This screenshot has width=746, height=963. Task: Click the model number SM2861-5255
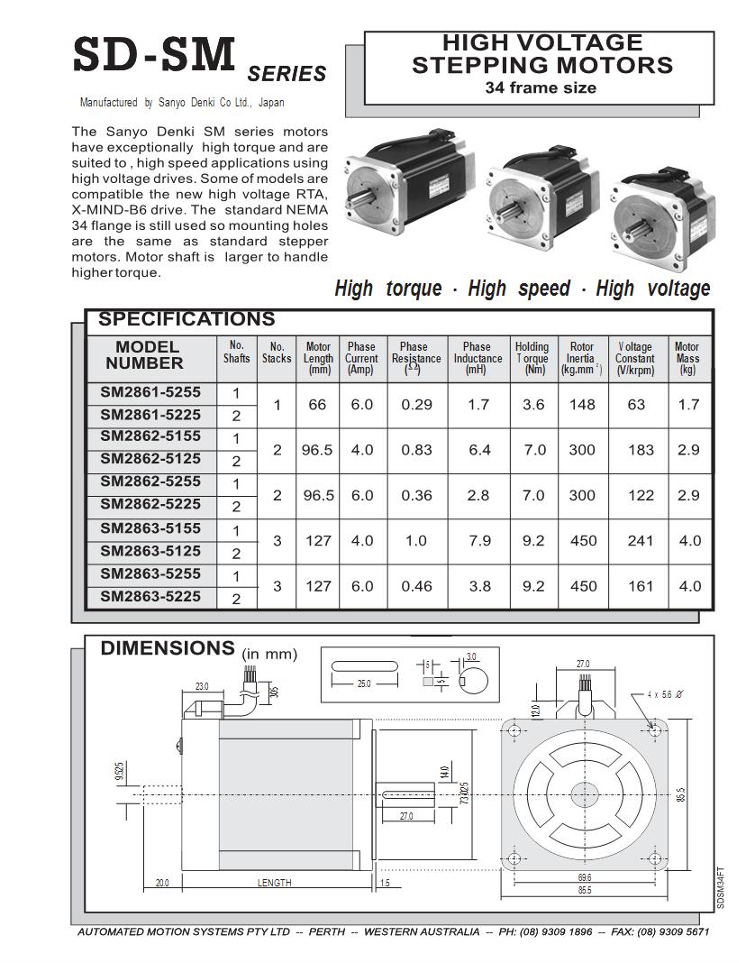coord(150,392)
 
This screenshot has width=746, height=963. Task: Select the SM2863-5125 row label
coord(150,551)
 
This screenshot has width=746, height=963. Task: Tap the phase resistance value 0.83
coord(417,450)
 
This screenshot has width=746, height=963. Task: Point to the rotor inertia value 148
coord(583,405)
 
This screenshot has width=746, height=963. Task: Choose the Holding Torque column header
coord(532,358)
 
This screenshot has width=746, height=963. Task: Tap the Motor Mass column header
coord(687,358)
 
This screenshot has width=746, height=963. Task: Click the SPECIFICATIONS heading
coord(186,319)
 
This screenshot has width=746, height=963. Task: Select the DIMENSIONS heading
coord(168,648)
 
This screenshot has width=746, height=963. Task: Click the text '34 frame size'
coord(541,88)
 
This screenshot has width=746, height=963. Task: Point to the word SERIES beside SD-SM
coord(287,74)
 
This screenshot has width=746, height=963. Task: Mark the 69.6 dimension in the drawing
coord(585,876)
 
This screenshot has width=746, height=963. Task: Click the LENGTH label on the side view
coord(274,883)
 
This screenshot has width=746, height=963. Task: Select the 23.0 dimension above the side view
coord(202,686)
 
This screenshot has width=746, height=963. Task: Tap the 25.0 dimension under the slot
coord(364,683)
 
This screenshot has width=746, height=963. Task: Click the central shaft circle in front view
coord(585,793)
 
